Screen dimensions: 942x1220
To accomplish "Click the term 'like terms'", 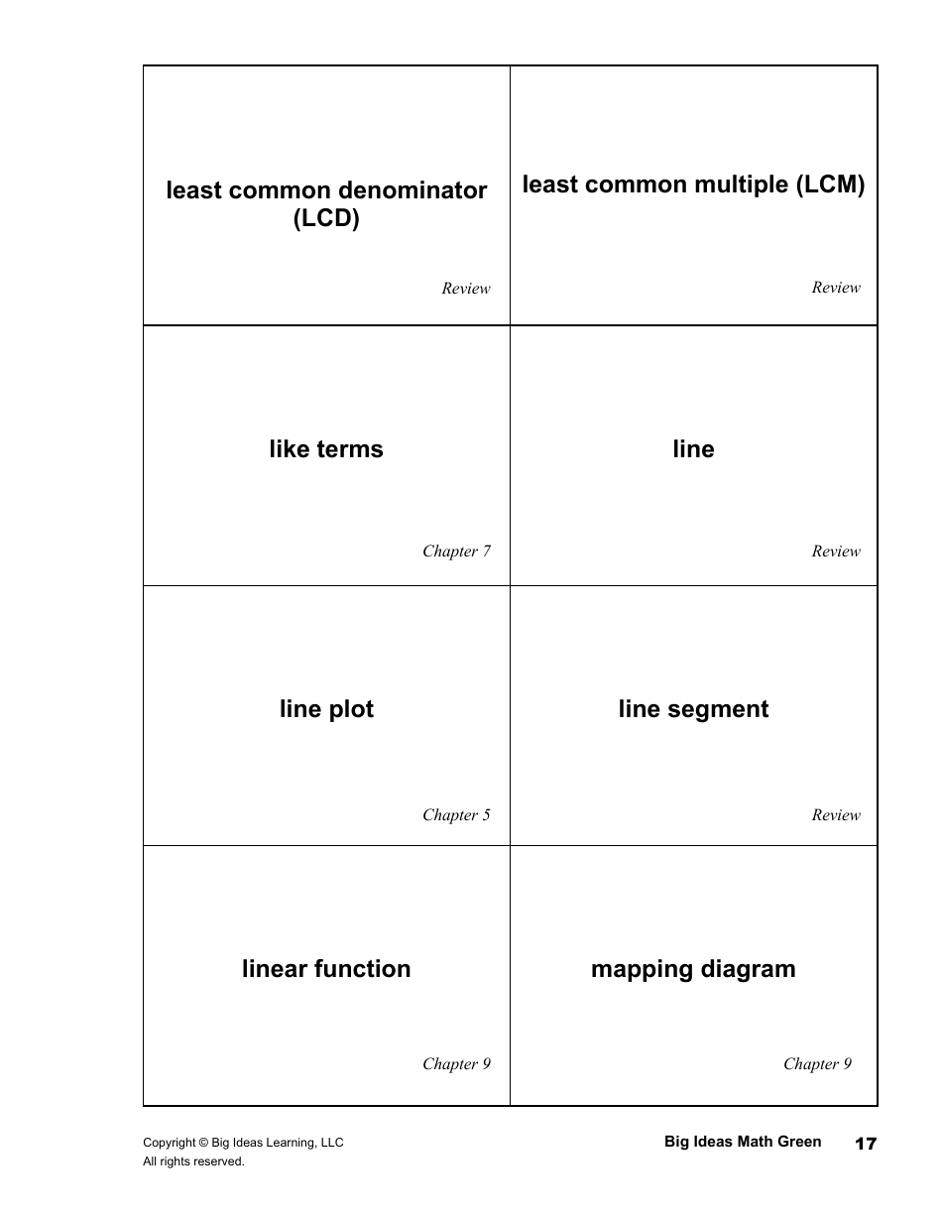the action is (x=325, y=449).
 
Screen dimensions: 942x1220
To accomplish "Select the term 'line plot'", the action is (x=326, y=709).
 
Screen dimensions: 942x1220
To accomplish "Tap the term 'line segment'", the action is (x=693, y=709).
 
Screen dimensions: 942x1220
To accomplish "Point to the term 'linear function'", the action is (x=326, y=969).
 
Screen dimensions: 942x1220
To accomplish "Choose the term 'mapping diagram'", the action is (x=693, y=969).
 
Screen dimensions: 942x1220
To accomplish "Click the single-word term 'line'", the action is (x=693, y=449).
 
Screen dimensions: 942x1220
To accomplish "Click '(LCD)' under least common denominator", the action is (x=326, y=218).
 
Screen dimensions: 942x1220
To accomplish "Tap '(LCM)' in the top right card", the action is (x=831, y=184).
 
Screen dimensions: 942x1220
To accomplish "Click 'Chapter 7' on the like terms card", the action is (x=456, y=551).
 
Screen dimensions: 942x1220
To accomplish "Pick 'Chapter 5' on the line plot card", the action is (x=456, y=815).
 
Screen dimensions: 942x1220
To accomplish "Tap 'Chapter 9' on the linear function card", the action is (x=456, y=1064).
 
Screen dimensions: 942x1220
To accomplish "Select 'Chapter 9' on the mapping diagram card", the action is (x=817, y=1064).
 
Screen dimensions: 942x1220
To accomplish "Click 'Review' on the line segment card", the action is (x=836, y=815).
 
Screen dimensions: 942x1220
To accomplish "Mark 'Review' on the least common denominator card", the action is (x=466, y=289).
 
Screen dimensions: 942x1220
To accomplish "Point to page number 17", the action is (x=866, y=1144).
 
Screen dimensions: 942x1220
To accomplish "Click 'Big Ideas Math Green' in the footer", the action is (x=743, y=1142).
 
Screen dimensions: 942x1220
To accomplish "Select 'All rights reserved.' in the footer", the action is (x=193, y=1161).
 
